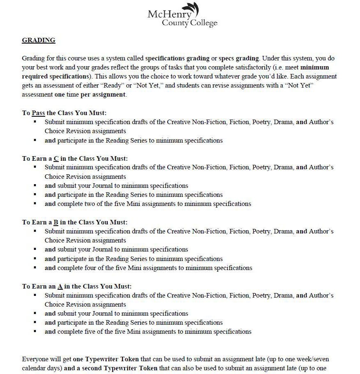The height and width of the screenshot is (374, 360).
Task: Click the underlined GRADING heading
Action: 38,40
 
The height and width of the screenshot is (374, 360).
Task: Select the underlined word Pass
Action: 38,113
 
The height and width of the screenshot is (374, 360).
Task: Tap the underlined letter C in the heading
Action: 56,158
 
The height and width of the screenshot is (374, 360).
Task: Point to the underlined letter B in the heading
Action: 56,222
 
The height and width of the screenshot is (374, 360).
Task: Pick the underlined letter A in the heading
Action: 60,286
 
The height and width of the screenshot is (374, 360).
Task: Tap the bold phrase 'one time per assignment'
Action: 90,95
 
